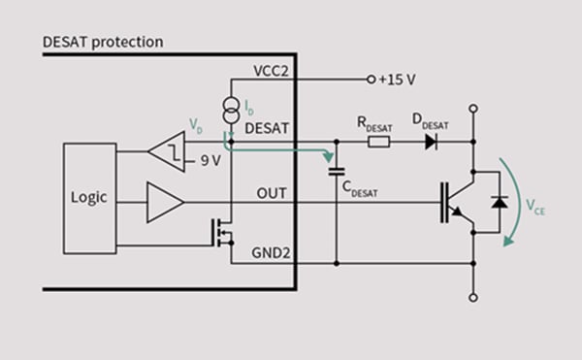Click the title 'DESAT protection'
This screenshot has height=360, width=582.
click(103, 42)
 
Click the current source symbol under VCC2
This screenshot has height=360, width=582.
click(230, 107)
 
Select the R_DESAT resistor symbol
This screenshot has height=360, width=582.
click(380, 142)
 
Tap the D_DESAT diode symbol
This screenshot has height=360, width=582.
click(430, 142)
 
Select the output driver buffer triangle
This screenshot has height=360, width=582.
click(164, 203)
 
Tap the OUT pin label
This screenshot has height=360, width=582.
click(272, 192)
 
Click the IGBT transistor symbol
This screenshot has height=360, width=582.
click(460, 203)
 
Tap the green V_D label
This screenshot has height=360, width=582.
click(196, 125)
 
